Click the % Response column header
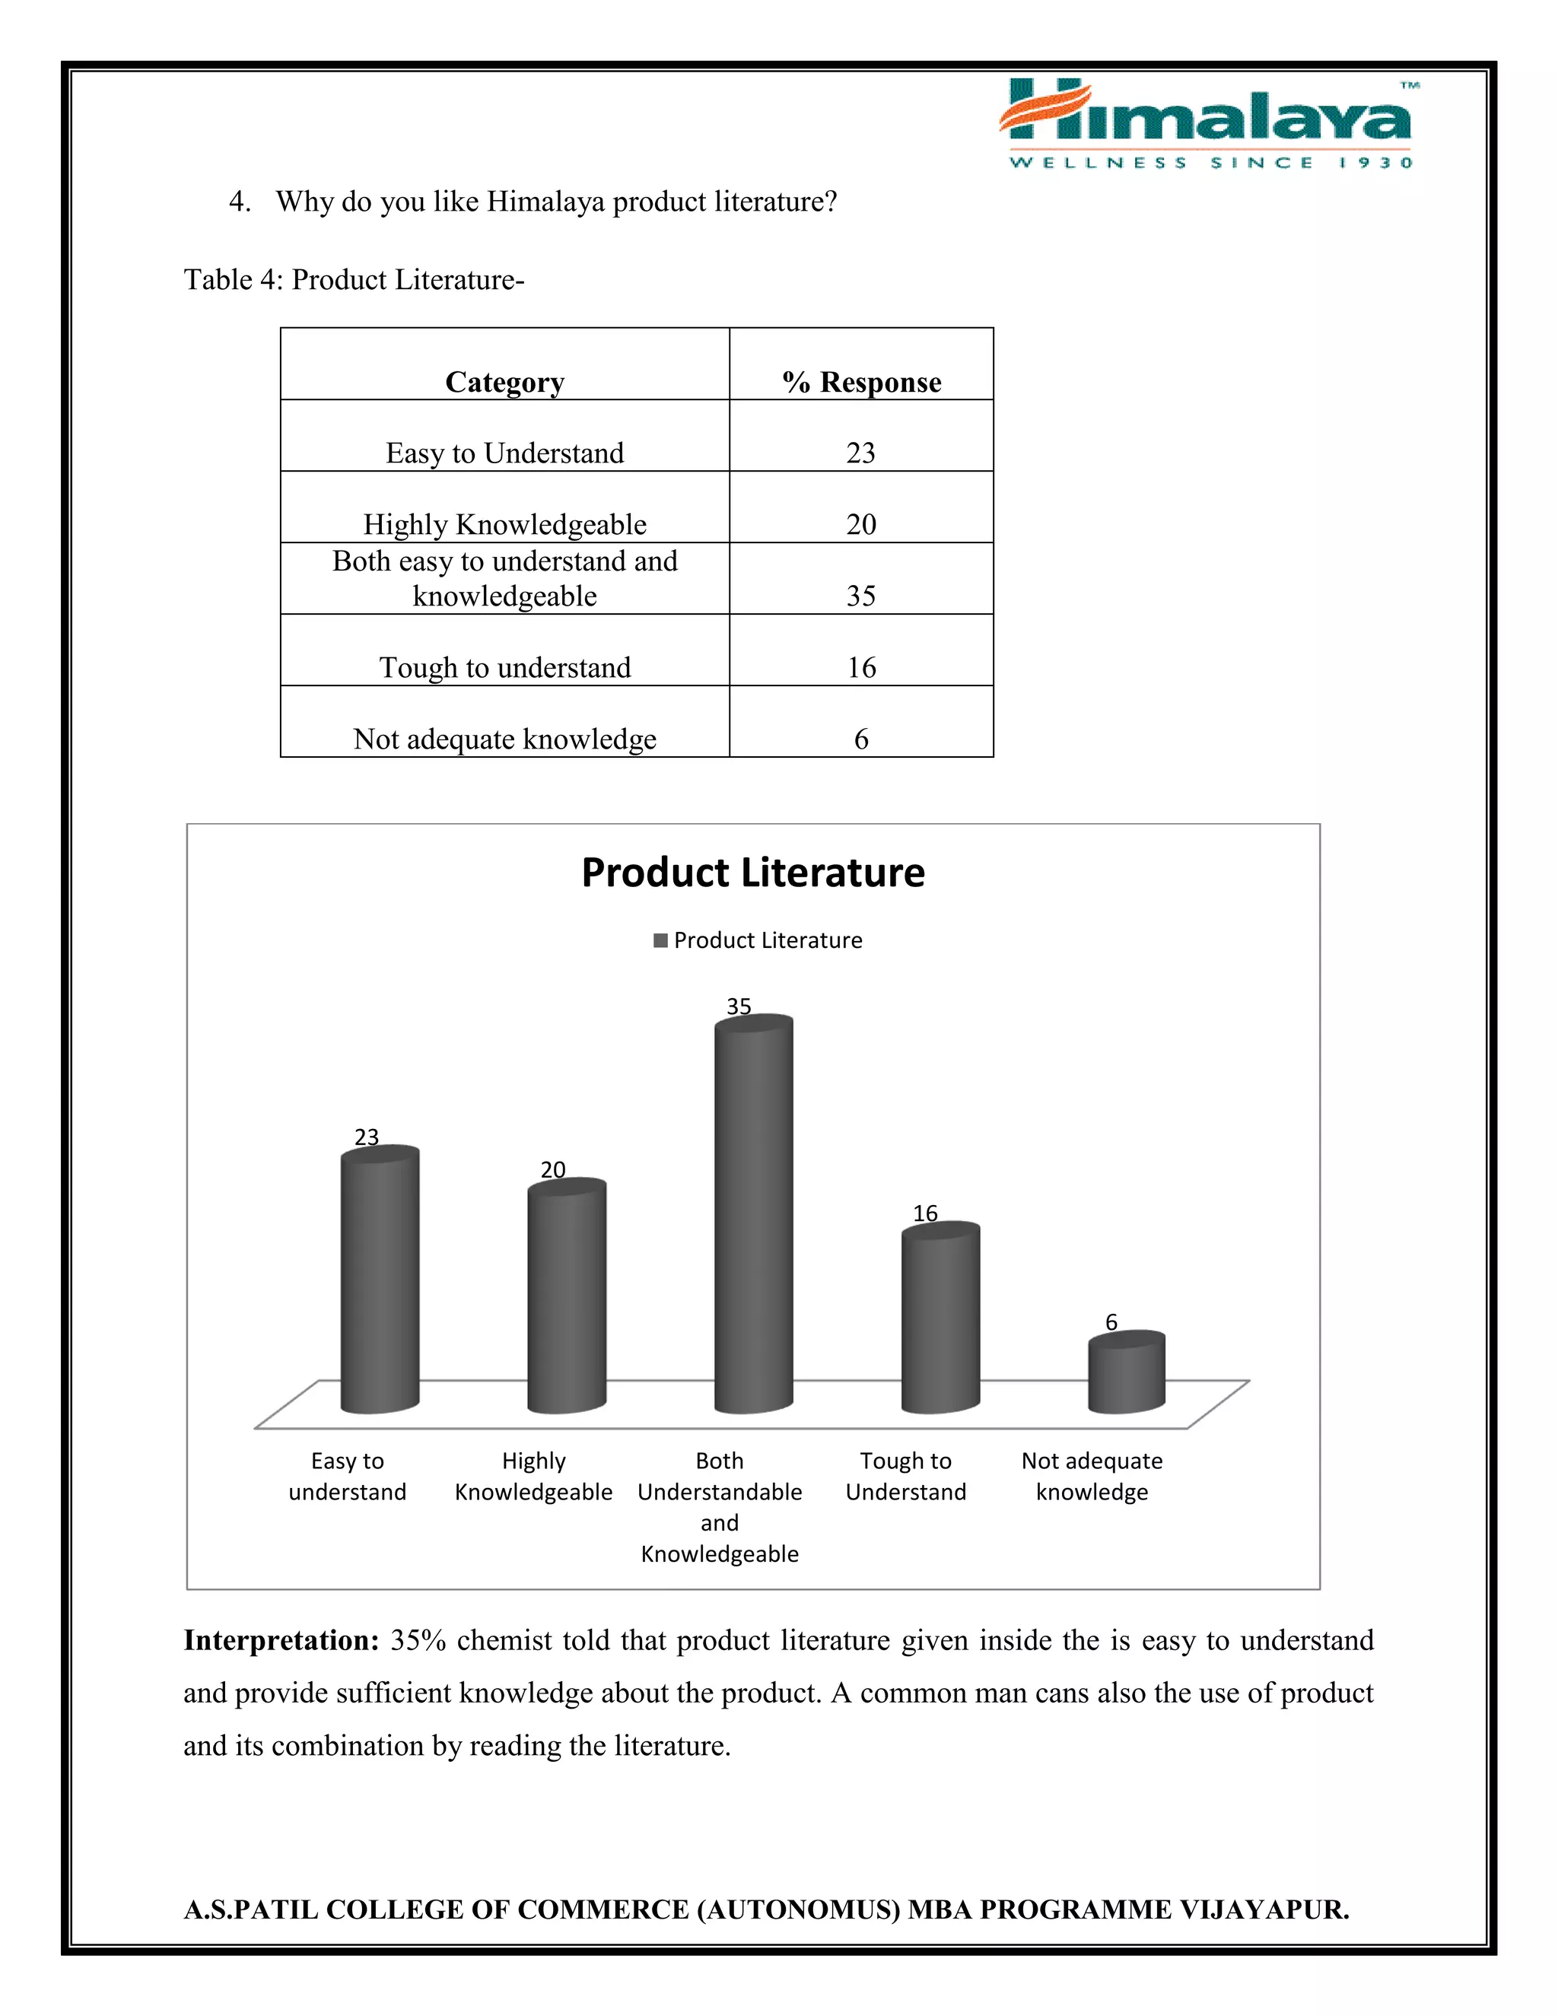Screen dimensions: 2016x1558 tap(861, 381)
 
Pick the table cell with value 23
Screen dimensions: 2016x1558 tap(860, 453)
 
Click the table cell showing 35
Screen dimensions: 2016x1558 tap(860, 596)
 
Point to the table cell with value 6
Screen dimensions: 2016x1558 tap(860, 739)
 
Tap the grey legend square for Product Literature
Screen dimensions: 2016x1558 tap(660, 940)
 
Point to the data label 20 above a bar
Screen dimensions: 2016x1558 tap(553, 1169)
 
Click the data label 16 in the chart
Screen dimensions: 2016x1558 tap(925, 1213)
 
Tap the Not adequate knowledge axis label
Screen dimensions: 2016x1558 tap(1091, 1476)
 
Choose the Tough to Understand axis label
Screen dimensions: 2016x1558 tap(905, 1476)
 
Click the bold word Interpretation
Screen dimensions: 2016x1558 tap(281, 1640)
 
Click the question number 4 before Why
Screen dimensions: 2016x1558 tap(239, 202)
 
